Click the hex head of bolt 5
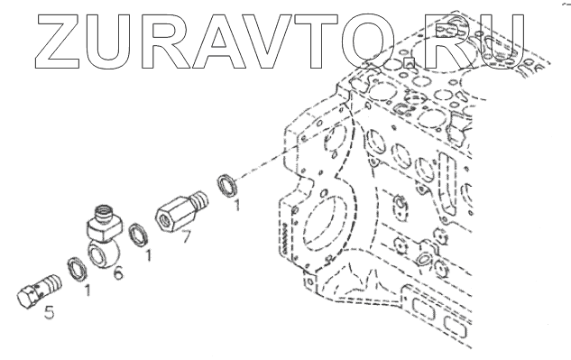click(28, 296)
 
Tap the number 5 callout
click(49, 312)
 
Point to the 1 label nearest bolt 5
click(87, 290)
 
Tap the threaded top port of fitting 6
click(105, 213)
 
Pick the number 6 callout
click(118, 272)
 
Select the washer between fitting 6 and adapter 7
click(139, 235)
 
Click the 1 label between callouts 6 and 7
click(147, 255)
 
